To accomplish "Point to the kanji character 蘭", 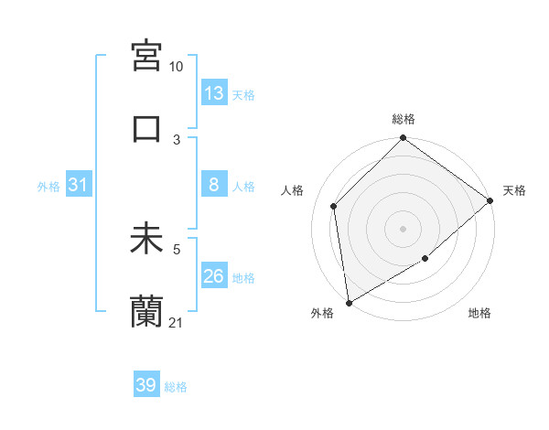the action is pos(147,312).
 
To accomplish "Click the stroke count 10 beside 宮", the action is pos(177,67).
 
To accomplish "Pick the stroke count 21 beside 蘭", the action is pos(177,323).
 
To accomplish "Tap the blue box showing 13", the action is pos(214,93).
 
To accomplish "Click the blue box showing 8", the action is pos(214,185).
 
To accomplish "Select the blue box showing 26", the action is pos(214,276).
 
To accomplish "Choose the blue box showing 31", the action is pos(79,185).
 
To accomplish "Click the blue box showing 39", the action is pos(146,385).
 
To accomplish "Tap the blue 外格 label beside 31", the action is pos(48,186).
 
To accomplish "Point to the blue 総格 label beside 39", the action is pos(176,387).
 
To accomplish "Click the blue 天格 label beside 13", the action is pos(243,94).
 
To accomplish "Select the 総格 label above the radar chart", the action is pos(403,119).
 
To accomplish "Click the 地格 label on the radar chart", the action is pos(479,314).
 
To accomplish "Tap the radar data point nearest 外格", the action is pos(349,303).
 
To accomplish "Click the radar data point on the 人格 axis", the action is pos(334,206).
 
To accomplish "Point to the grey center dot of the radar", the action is pos(403,229).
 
